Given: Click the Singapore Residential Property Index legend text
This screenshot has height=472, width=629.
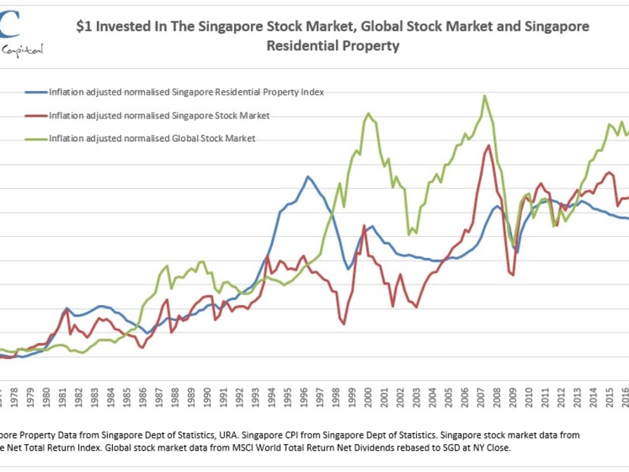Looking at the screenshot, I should click(186, 93).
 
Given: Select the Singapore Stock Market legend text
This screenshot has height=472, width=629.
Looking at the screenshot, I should click(159, 115).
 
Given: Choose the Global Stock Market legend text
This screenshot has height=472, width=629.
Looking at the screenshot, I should click(152, 138).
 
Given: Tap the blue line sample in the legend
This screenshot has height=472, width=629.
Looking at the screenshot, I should click(35, 93).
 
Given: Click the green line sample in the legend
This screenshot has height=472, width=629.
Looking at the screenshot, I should click(35, 138).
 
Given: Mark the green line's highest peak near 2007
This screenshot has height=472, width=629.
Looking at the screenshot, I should click(483, 96).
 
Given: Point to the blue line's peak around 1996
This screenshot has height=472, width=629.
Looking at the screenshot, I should click(308, 177).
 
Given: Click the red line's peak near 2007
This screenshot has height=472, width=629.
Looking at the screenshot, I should click(489, 146).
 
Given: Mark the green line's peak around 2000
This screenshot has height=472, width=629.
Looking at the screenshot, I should click(368, 114).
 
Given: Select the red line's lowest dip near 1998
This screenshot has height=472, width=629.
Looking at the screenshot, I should click(343, 324).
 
